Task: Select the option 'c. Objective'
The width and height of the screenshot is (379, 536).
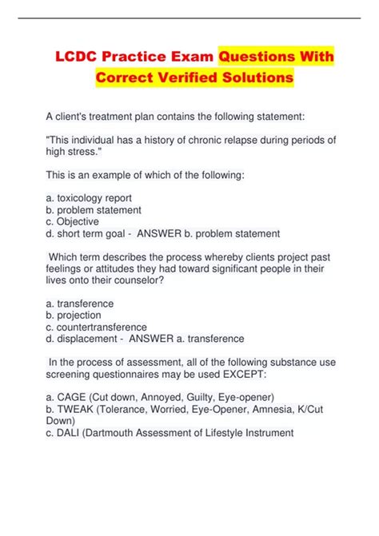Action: click(73, 221)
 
